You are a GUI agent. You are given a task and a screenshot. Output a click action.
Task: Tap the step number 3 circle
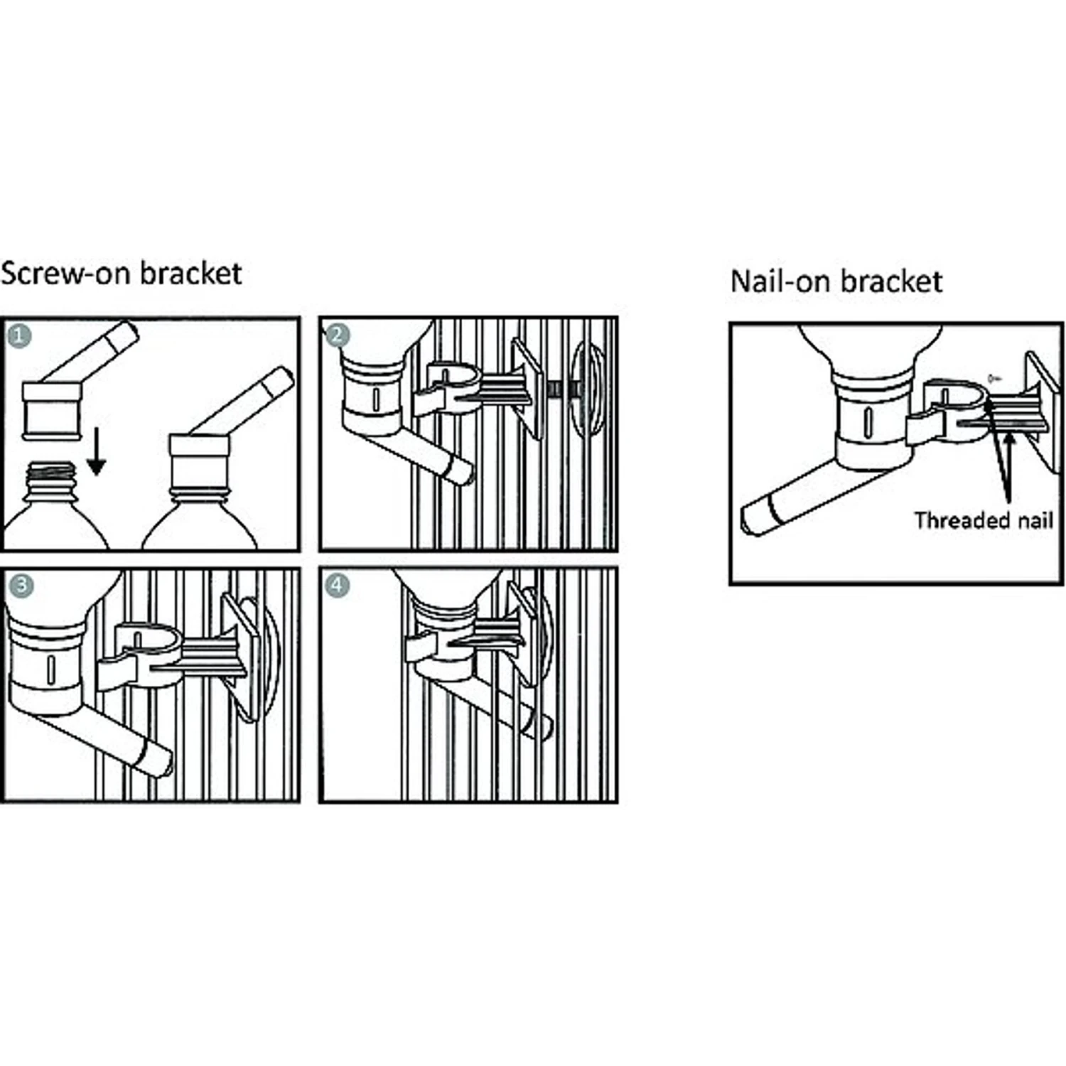coord(21,585)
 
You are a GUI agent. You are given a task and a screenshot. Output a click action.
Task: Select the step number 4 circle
coord(337,586)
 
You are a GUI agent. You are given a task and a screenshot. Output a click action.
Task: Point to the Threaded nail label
coord(983,520)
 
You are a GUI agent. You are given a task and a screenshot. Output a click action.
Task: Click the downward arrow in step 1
coord(96,458)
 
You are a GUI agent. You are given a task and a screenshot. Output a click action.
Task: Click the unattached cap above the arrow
coord(52,411)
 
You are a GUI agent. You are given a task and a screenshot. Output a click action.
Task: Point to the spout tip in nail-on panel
coord(755,517)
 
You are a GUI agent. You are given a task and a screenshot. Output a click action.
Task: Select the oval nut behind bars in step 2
coord(588,389)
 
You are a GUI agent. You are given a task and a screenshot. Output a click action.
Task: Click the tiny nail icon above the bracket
coord(994,377)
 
